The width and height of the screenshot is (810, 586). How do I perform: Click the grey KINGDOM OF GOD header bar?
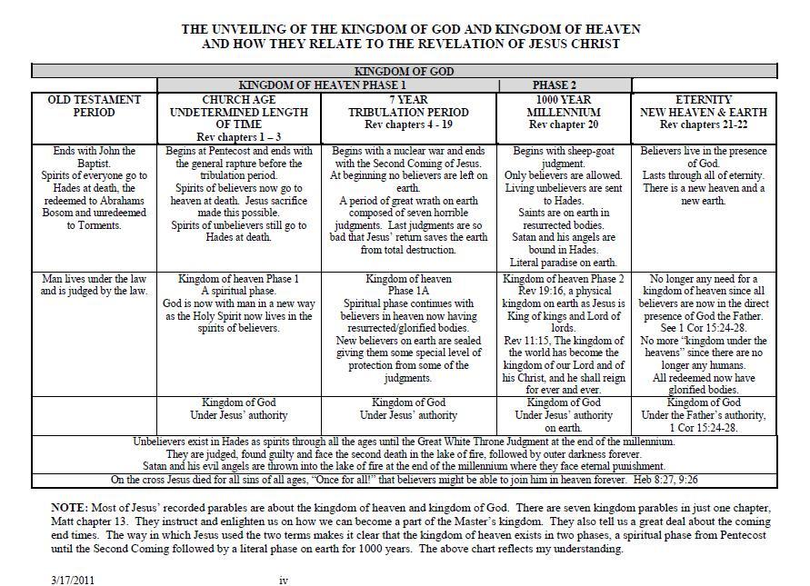click(405, 71)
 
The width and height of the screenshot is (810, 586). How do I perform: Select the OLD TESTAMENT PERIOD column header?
click(95, 106)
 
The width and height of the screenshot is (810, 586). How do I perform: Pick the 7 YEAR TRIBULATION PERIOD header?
click(409, 112)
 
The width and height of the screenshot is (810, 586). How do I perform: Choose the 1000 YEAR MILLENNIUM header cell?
click(564, 112)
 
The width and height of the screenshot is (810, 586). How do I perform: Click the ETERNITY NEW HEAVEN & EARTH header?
click(704, 112)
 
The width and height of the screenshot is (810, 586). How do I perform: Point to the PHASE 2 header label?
click(554, 85)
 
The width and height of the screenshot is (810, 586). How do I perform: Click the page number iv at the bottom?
click(283, 579)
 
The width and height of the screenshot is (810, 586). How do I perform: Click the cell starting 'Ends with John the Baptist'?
click(95, 188)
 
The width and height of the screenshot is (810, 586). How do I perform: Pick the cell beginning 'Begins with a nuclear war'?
click(409, 200)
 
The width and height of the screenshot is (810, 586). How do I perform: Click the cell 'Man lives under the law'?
click(95, 285)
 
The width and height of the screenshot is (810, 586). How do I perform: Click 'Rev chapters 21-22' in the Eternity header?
click(704, 124)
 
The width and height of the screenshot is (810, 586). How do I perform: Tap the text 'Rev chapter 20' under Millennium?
click(564, 124)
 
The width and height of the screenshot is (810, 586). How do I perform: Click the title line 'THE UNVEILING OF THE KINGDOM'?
click(405, 29)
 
